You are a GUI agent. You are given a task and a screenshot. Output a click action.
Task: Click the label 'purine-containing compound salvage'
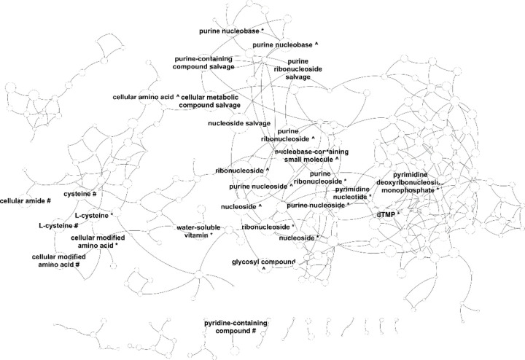click(x=203, y=63)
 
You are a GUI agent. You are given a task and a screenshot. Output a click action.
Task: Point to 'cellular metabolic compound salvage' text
click(x=211, y=101)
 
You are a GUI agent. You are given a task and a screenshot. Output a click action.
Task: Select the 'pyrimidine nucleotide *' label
click(x=353, y=192)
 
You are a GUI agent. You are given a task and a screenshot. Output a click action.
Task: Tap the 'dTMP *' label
click(x=388, y=214)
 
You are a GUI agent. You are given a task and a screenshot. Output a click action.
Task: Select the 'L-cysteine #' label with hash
click(x=58, y=226)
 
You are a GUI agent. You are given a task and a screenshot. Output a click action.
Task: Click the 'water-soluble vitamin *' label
click(x=195, y=231)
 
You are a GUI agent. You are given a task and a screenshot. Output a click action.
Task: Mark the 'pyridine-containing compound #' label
click(x=236, y=327)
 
